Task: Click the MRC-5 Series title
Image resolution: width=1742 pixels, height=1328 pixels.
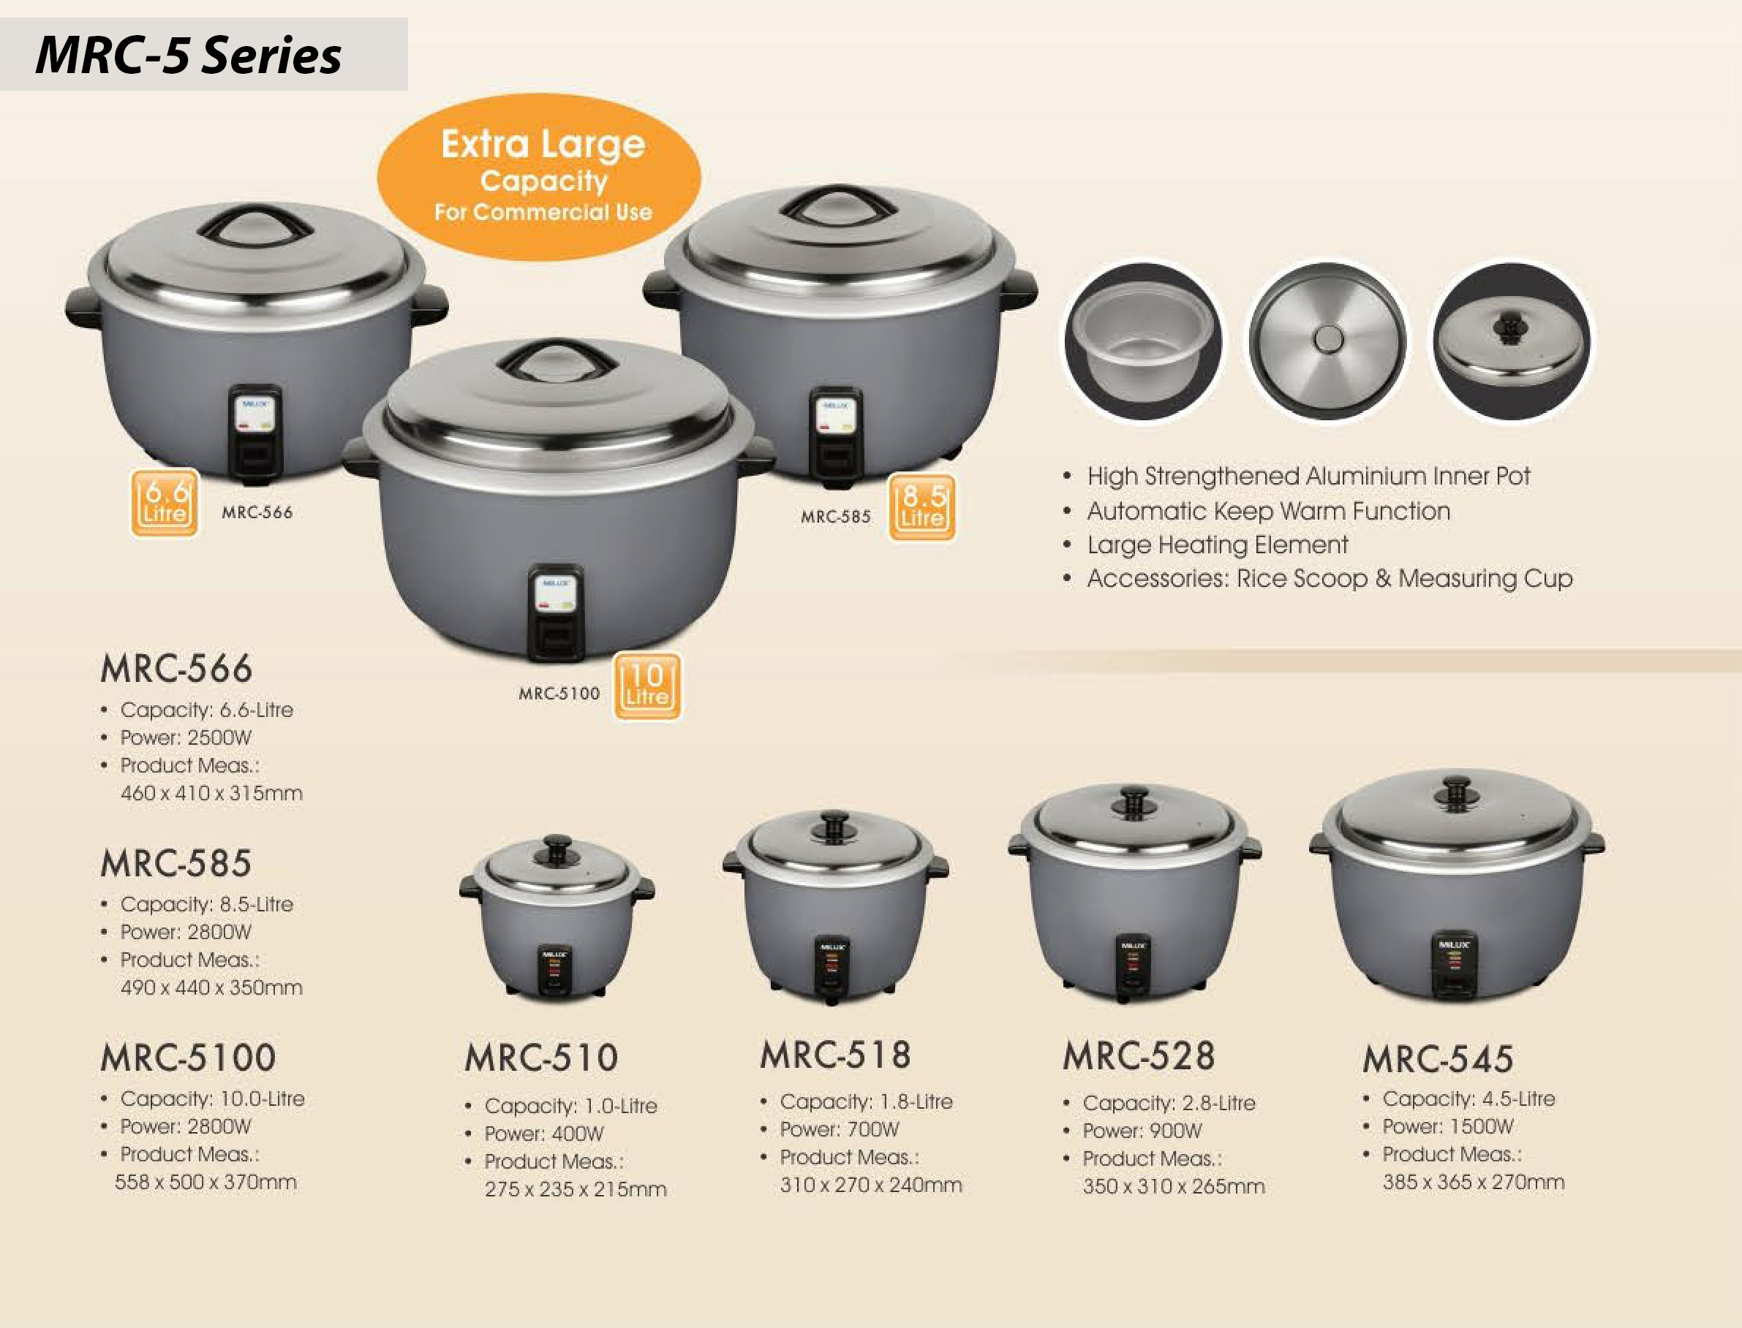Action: coord(188,56)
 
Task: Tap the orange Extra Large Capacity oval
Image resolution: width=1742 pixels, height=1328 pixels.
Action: coord(539,177)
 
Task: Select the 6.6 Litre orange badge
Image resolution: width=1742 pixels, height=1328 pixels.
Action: coord(165,504)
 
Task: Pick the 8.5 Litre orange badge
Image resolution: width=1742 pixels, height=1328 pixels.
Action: coord(922,506)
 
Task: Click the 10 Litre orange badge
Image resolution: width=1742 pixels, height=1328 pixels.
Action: coord(646,686)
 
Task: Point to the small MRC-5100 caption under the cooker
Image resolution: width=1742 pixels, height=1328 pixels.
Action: coord(559,694)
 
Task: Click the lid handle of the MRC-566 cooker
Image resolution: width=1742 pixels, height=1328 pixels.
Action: coord(255,224)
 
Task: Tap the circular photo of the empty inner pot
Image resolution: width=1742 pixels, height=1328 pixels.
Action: coord(1142,342)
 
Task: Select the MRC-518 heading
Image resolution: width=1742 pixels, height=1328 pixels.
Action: coord(835,1055)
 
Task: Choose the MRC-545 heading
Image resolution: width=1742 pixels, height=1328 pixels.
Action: coord(1438,1058)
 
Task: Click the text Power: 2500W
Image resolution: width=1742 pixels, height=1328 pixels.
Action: coord(186,737)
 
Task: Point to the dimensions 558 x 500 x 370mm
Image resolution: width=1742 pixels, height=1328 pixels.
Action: coord(206,1182)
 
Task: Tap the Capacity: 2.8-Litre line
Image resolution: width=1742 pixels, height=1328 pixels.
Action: coord(1169,1103)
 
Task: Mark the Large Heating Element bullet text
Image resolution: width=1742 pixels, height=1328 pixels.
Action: coord(1218,545)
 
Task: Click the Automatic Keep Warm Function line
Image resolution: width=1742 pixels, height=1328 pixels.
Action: coord(1268,511)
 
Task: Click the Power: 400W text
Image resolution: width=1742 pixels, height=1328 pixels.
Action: coord(544,1134)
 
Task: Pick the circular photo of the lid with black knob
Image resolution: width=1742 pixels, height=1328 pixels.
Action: coord(1512,341)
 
